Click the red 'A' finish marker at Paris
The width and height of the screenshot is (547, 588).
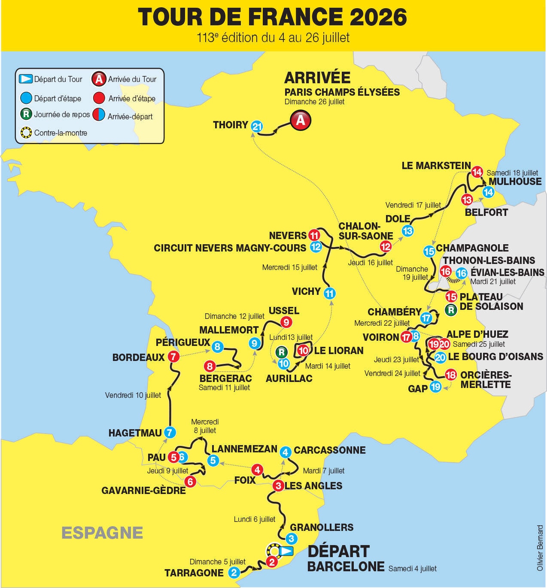click(301, 120)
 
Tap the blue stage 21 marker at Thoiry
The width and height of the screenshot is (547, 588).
click(257, 126)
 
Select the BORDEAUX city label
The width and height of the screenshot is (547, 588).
click(138, 358)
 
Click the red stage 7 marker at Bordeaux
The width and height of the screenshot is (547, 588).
click(173, 357)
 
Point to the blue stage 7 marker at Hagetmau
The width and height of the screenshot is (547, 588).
click(170, 433)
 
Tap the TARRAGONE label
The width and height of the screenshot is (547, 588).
click(194, 573)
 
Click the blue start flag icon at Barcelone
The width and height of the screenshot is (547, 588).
click(286, 551)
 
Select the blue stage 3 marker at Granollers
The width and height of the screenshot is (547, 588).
click(291, 539)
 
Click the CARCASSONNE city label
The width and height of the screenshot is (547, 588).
click(330, 450)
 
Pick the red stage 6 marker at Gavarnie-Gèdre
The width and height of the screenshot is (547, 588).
click(190, 482)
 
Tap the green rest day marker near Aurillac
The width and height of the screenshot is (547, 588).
click(281, 352)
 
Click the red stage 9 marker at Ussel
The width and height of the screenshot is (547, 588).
click(286, 322)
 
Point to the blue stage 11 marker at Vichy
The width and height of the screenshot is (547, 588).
click(329, 294)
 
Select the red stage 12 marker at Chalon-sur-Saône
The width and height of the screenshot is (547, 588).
click(386, 246)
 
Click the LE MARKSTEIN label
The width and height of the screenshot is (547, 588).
click(436, 166)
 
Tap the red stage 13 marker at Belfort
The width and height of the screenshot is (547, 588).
click(467, 200)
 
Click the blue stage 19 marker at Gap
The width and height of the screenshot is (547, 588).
click(435, 387)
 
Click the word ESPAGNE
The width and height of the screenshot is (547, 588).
click(102, 533)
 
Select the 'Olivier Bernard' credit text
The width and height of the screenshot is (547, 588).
click(540, 548)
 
